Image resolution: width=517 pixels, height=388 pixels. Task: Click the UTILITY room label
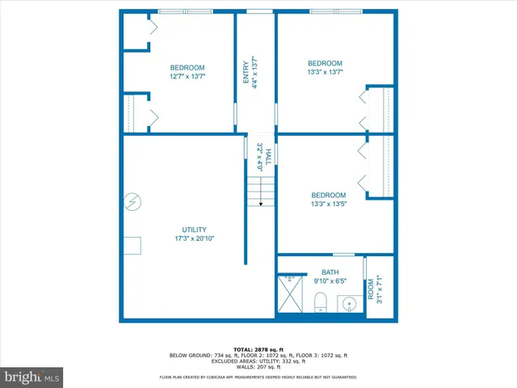click(194, 229)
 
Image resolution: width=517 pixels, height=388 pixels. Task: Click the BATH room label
click(330, 272)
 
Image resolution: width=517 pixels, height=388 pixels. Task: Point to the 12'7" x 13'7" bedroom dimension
click(187, 77)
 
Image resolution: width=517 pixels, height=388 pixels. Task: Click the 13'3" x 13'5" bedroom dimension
click(329, 205)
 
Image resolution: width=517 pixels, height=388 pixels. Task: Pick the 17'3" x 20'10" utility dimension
click(194, 238)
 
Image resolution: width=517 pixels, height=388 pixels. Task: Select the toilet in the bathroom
click(320, 303)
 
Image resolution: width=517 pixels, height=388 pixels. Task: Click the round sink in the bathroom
click(348, 304)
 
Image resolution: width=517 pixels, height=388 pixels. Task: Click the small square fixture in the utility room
click(132, 244)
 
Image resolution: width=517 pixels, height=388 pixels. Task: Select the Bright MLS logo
click(32, 377)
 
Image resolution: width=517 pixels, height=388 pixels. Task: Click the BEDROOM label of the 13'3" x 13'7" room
click(325, 63)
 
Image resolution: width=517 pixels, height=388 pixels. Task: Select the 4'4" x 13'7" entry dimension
click(256, 73)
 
